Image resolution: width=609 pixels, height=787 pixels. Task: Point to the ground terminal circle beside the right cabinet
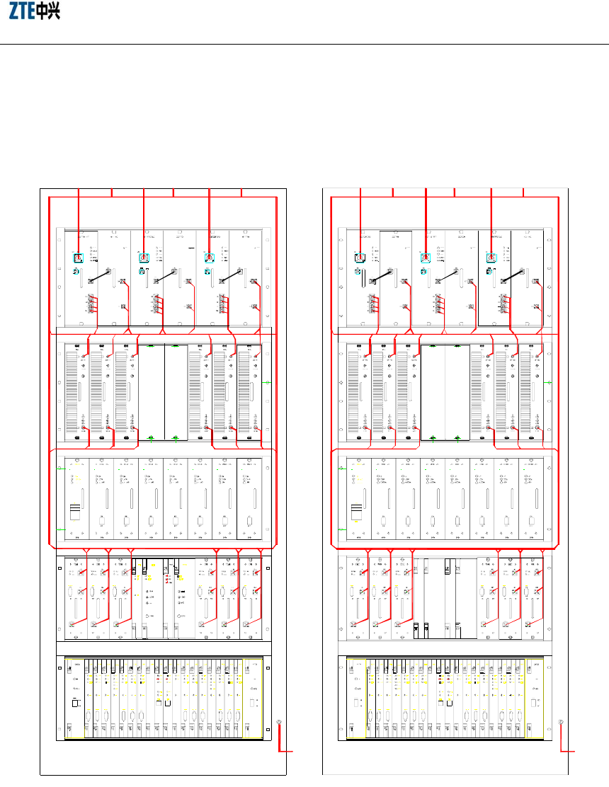click(x=560, y=723)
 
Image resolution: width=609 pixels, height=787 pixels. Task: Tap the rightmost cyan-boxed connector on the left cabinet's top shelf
click(x=210, y=258)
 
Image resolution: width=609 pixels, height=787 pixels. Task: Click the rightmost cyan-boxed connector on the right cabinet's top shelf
click(x=491, y=258)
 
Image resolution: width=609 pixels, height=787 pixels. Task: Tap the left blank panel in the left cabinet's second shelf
click(x=151, y=393)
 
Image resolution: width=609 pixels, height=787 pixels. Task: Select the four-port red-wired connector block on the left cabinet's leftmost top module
click(x=91, y=304)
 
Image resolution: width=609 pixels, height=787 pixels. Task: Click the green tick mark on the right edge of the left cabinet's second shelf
click(x=267, y=382)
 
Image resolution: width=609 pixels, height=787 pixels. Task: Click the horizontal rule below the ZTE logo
click(x=304, y=45)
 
